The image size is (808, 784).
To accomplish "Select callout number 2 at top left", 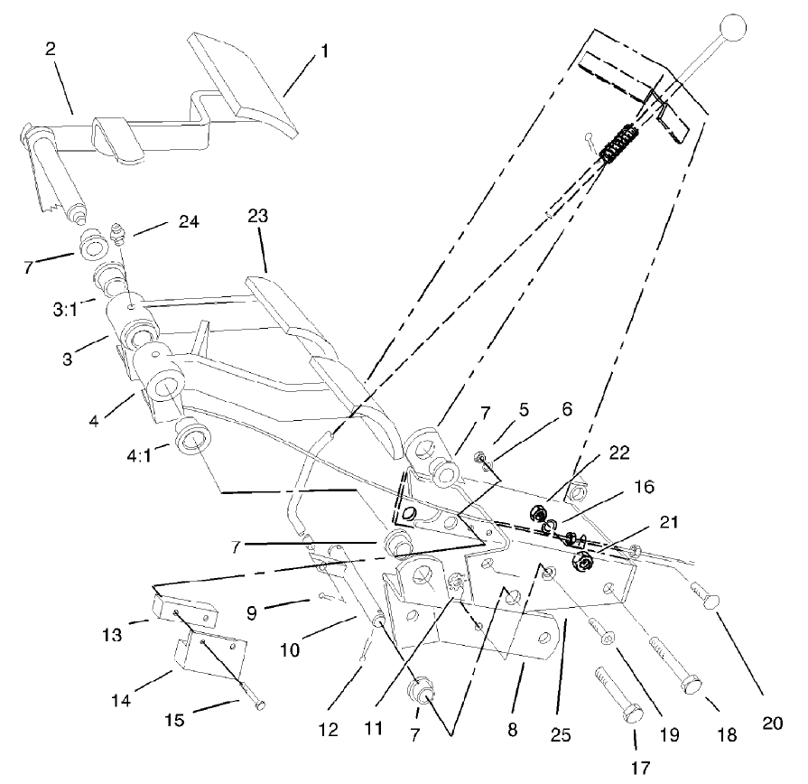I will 51,48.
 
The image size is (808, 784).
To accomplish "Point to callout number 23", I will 260,217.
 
